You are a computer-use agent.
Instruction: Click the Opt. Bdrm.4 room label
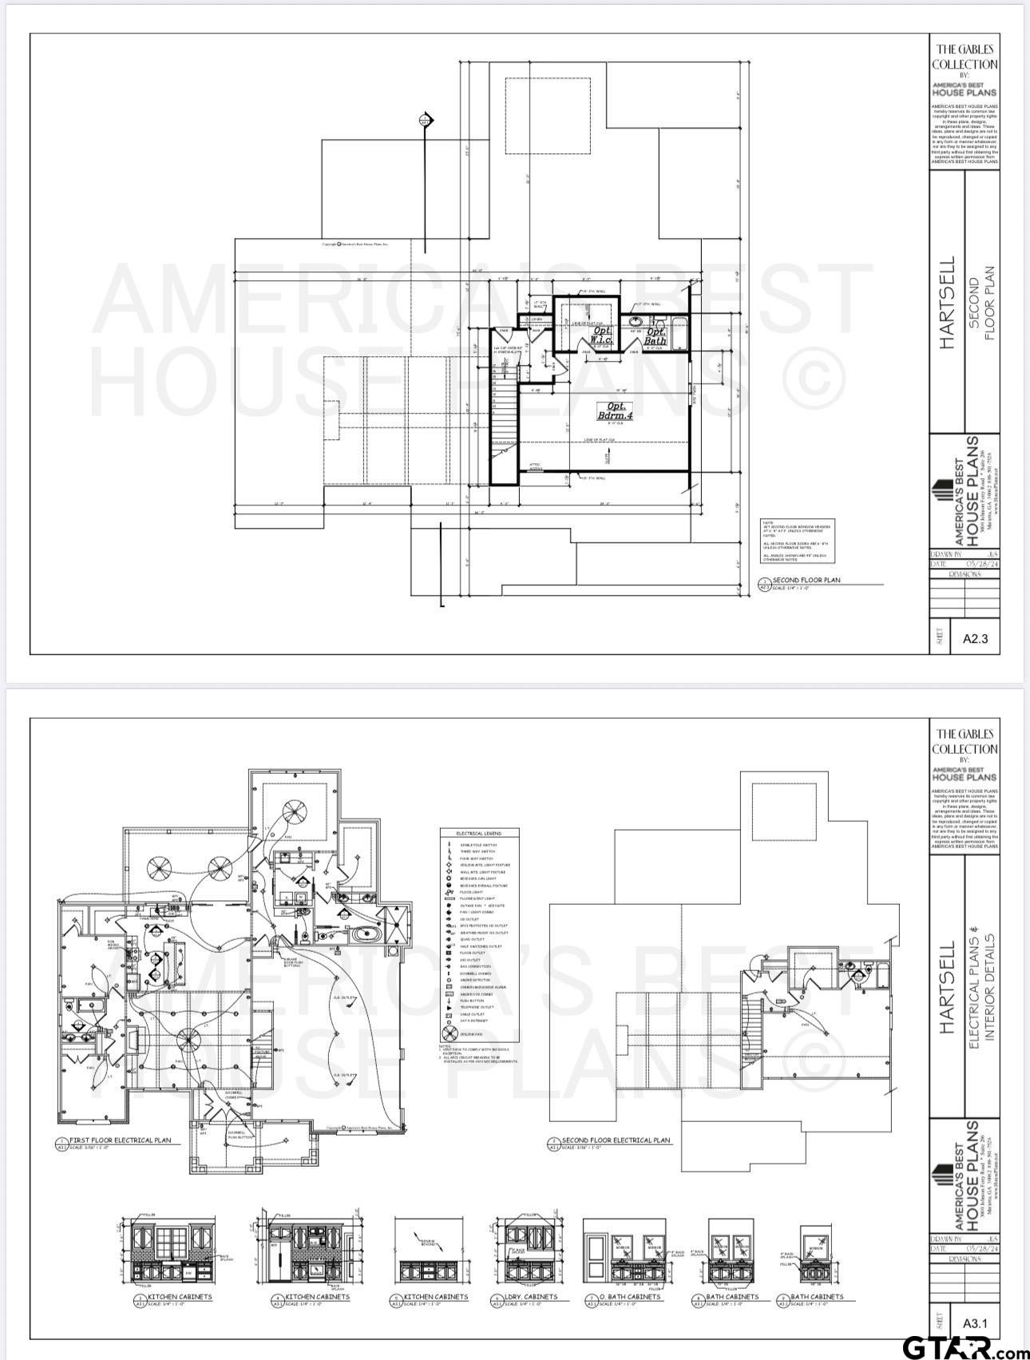pyautogui.click(x=615, y=411)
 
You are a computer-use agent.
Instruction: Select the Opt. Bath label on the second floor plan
pyautogui.click(x=656, y=335)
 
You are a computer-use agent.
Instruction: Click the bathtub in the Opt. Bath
pyautogui.click(x=679, y=334)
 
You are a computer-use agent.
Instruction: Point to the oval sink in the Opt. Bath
pyautogui.click(x=636, y=321)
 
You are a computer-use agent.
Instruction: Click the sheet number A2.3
pyautogui.click(x=975, y=638)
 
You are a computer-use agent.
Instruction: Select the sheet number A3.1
pyautogui.click(x=975, y=1323)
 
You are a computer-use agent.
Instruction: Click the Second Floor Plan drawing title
pyautogui.click(x=806, y=581)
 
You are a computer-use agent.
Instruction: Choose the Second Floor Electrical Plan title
pyautogui.click(x=616, y=1140)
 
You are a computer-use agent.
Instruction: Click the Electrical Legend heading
pyautogui.click(x=479, y=833)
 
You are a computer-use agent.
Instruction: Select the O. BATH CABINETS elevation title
pyautogui.click(x=629, y=1296)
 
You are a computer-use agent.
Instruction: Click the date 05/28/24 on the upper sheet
pyautogui.click(x=981, y=564)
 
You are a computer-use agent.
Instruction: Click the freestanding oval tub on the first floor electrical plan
pyautogui.click(x=356, y=933)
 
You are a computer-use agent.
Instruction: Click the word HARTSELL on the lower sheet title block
pyautogui.click(x=947, y=987)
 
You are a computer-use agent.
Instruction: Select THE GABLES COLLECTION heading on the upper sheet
pyautogui.click(x=965, y=57)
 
